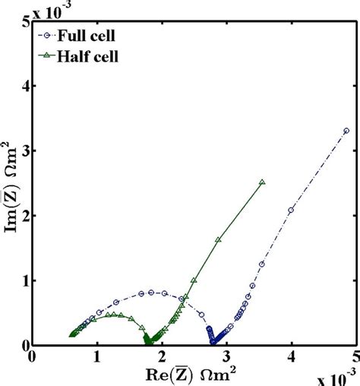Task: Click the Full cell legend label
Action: coord(84,34)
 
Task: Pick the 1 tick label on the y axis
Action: coord(24,280)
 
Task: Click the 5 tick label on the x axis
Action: coord(355,355)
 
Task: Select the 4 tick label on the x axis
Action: coord(291,355)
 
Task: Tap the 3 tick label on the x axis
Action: coord(226,355)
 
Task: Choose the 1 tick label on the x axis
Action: coord(96,355)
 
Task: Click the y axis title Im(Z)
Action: coord(11,184)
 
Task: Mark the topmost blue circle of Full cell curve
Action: coord(346,131)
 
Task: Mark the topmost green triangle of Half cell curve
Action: coord(262,182)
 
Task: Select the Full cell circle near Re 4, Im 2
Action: coord(291,210)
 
